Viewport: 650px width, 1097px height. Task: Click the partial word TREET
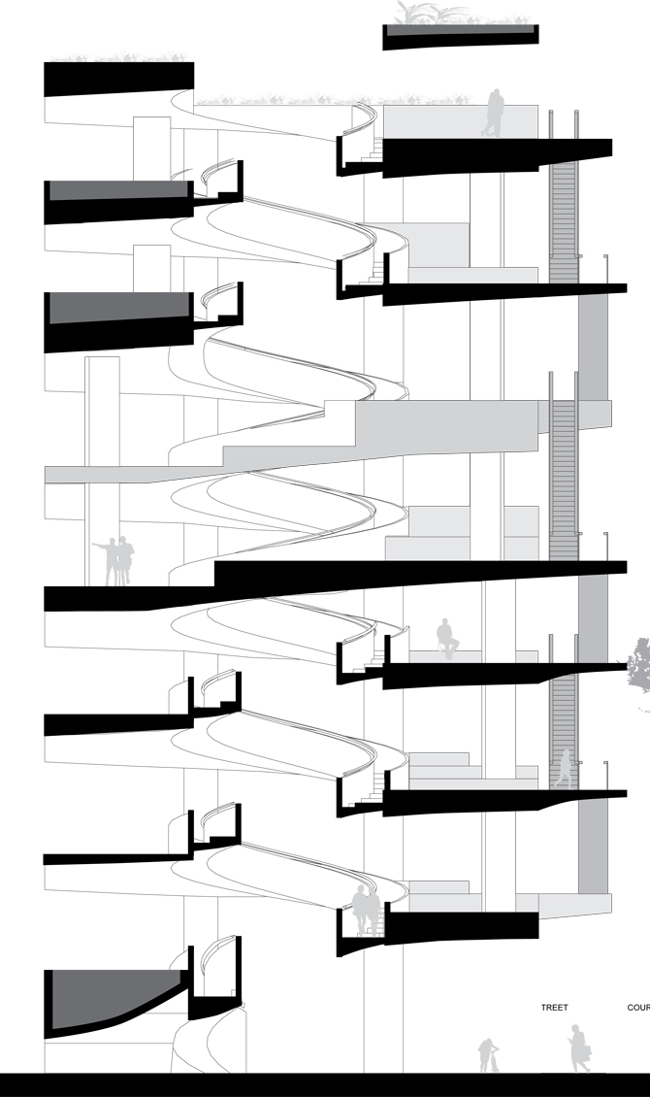coord(554,1009)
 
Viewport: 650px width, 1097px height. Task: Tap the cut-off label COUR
coord(638,1009)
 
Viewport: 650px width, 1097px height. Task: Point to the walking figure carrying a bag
coord(578,1048)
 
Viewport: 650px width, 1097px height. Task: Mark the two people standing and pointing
coord(120,562)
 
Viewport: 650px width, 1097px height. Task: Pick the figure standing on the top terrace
coord(495,114)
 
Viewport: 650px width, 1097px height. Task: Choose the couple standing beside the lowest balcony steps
coord(365,912)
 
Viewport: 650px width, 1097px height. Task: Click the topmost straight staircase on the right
coord(563,223)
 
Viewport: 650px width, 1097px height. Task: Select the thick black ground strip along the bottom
coord(325,1085)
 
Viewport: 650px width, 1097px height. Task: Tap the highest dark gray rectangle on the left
coord(116,190)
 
